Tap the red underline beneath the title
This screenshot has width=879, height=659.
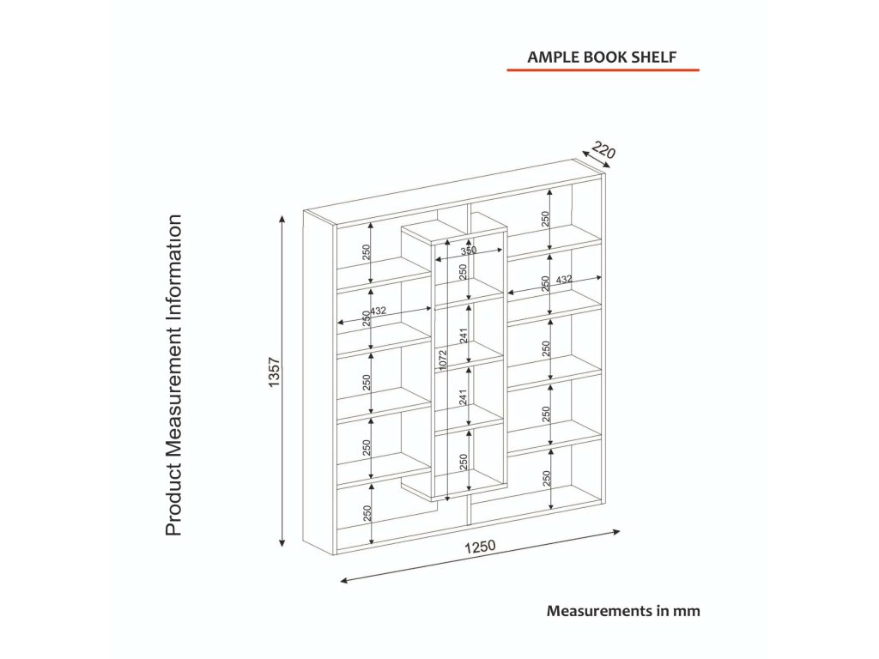[x=603, y=70]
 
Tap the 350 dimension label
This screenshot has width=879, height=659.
[x=468, y=251]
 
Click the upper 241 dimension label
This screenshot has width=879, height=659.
[x=464, y=336]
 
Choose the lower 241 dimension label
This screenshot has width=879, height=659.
[x=464, y=396]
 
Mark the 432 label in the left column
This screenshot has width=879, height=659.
[x=379, y=311]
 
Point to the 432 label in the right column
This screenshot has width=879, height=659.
[x=564, y=280]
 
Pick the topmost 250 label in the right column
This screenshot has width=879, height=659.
[x=545, y=219]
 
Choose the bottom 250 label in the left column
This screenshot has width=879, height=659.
[x=367, y=513]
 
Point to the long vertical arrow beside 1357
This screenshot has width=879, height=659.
[x=282, y=382]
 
